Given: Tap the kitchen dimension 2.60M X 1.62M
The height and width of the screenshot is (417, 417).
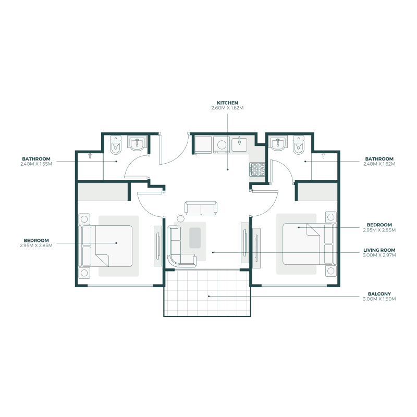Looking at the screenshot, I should [x=227, y=108].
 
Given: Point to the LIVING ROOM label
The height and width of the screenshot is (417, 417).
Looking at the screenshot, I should [x=379, y=250].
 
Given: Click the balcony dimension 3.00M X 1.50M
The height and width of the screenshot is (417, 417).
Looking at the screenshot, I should [x=379, y=299].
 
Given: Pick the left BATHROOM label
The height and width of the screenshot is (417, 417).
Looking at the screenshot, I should [x=36, y=158].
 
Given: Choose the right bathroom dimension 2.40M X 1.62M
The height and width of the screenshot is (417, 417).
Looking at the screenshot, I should [x=379, y=164].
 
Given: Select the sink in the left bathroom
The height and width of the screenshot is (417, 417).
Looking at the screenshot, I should [x=137, y=143].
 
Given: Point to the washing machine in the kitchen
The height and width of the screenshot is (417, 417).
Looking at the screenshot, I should [x=222, y=144].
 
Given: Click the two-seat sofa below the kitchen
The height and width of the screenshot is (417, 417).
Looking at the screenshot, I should [x=201, y=208].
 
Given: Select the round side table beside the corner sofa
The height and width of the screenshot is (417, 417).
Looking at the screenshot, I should [x=181, y=219].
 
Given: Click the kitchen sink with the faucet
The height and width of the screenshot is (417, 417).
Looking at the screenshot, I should [x=240, y=144].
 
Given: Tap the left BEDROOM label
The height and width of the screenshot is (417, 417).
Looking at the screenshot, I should [x=36, y=240].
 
